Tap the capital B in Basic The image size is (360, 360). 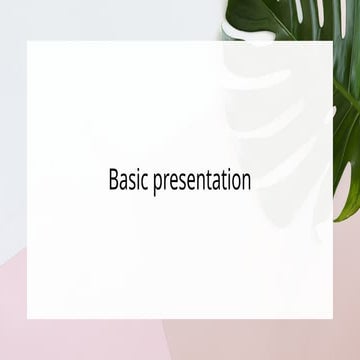[113, 180]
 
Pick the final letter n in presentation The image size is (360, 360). [245, 182]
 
